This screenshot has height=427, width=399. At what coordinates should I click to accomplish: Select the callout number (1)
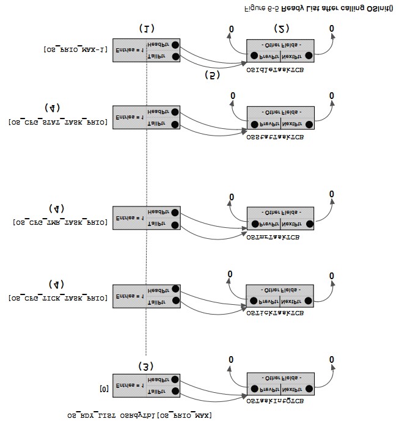tap(147, 28)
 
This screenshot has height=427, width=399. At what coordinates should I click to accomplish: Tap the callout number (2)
tap(281, 28)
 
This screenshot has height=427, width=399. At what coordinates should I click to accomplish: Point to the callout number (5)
tap(212, 75)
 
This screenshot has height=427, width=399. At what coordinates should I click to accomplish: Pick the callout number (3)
tap(145, 366)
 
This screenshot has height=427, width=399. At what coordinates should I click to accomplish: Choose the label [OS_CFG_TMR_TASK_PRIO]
tap(60, 222)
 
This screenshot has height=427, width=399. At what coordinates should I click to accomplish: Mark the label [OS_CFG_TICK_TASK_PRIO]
tap(59, 298)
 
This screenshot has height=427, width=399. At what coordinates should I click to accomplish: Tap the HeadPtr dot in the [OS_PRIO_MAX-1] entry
tap(175, 45)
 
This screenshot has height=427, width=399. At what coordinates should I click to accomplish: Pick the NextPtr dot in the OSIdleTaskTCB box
tap(309, 56)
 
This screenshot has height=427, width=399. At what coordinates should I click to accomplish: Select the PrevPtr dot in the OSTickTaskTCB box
tap(253, 301)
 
